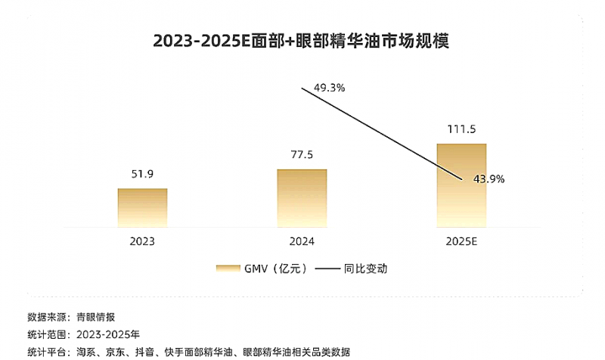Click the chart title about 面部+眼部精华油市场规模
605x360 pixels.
point(301,41)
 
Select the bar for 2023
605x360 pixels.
point(142,207)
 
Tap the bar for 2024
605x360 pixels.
point(302,197)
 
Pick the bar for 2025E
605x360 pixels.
point(461,185)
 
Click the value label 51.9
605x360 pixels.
point(142,174)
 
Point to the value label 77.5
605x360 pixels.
point(302,155)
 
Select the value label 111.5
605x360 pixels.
point(461,129)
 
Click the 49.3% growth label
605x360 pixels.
point(329,88)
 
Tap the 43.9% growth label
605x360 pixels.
point(489,179)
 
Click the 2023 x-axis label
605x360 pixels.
point(142,241)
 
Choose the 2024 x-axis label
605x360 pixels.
point(302,241)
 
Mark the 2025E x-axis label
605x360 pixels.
point(461,241)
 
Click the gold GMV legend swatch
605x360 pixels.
point(227,268)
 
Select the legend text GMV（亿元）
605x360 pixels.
point(275,268)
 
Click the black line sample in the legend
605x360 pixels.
point(327,268)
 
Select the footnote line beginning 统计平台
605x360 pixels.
point(189,352)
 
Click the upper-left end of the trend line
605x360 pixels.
point(302,88)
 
